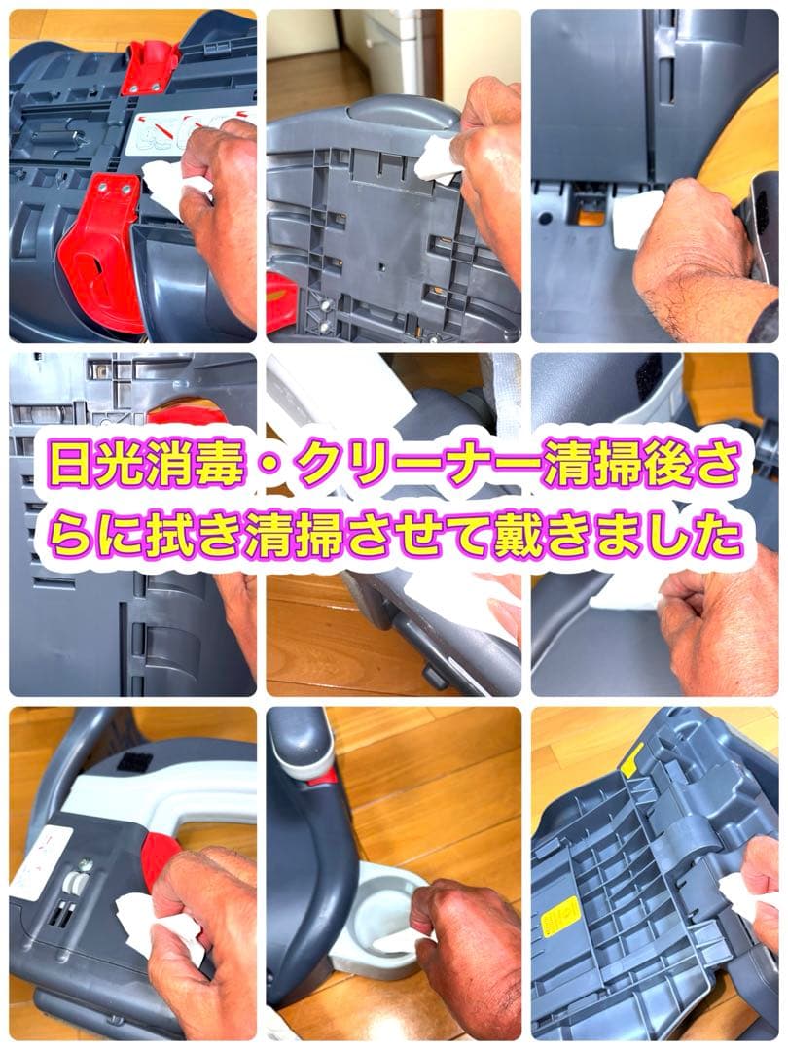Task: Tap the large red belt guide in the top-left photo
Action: tap(101, 254)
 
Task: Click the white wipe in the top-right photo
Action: tap(637, 216)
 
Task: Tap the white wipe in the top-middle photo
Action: tap(437, 159)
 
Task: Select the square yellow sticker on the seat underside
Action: tap(561, 916)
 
